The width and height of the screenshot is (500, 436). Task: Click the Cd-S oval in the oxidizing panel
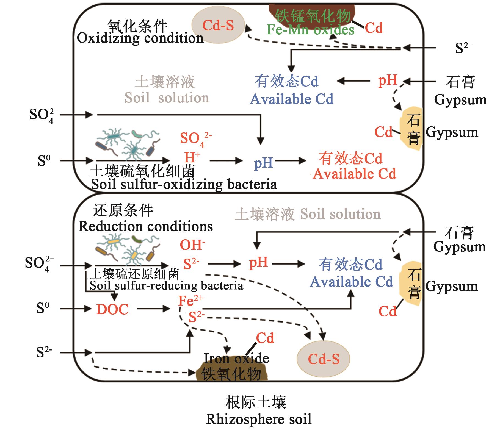tap(218, 26)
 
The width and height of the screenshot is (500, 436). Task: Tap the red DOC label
tap(112, 310)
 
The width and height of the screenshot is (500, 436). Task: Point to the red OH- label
tap(192, 245)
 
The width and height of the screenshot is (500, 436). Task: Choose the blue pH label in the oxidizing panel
tap(263, 163)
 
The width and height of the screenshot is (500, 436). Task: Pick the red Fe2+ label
tap(190, 300)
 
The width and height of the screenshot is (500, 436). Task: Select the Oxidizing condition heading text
tap(140, 38)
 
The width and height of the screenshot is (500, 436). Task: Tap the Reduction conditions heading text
tap(145, 226)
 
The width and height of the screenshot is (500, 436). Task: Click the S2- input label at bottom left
tap(44, 352)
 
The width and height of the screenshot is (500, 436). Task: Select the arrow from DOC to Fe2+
tap(153, 309)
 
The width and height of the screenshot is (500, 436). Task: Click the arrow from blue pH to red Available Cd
tap(290, 161)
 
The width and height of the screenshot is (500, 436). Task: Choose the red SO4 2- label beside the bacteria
tap(195, 138)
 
